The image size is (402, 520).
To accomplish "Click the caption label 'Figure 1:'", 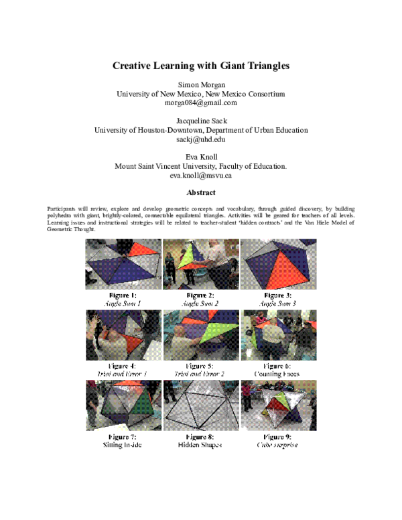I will click(123, 295).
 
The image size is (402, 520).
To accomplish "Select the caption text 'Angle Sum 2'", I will click(200, 303).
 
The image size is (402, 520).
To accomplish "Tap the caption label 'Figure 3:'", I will click(278, 295).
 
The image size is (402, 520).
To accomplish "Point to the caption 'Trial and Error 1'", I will click(123, 374).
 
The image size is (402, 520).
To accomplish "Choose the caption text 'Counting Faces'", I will click(278, 374).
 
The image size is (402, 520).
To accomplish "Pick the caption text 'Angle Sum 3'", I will click(278, 303).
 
